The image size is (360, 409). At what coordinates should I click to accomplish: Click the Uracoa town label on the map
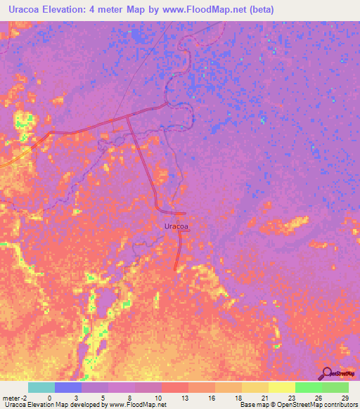click(176, 226)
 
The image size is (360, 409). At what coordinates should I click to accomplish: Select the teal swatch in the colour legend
click(41, 387)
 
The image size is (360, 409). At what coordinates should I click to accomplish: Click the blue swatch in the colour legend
click(67, 387)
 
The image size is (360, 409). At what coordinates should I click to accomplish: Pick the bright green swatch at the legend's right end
click(335, 387)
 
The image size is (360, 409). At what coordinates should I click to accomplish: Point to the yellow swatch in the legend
click(281, 387)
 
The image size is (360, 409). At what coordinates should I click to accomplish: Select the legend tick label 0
click(49, 397)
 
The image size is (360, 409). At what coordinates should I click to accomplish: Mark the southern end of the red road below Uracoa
click(176, 267)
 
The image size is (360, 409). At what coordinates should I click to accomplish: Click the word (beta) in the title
click(257, 10)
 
